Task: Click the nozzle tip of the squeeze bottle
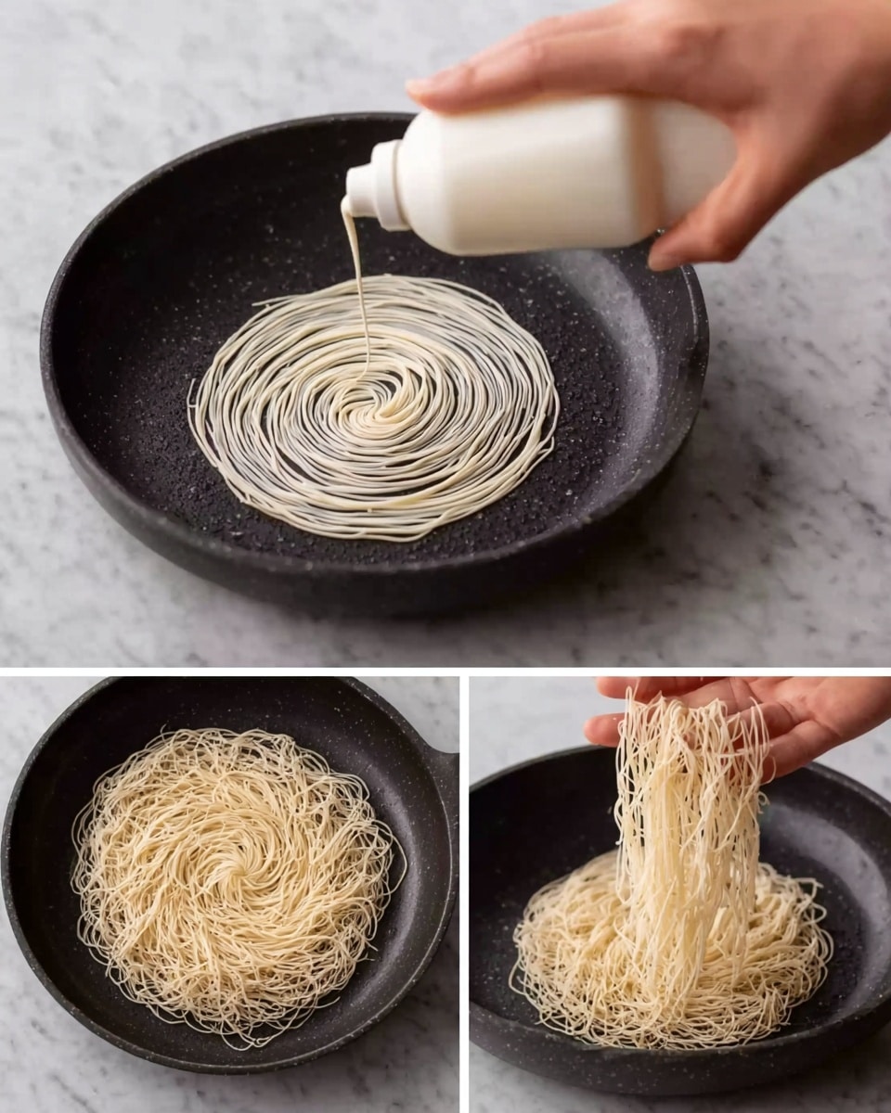347,205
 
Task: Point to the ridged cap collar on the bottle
390,185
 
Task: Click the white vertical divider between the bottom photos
464,890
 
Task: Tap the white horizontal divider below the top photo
445,672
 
